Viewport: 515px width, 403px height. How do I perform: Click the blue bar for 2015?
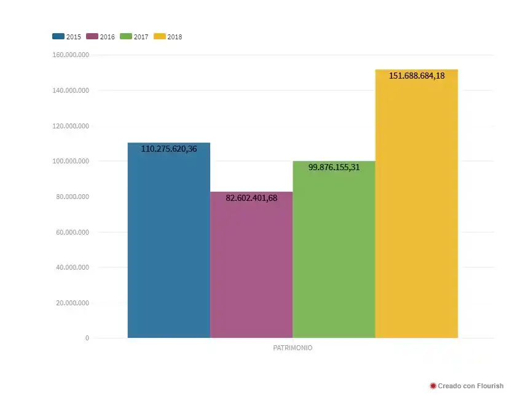tap(169, 246)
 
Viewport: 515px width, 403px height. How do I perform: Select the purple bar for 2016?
tap(251, 270)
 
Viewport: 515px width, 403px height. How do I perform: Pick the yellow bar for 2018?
tap(417, 209)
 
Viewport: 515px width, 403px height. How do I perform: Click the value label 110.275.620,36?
tap(169, 149)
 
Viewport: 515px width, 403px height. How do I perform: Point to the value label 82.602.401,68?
tap(251, 198)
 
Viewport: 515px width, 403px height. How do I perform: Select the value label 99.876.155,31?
tap(334, 167)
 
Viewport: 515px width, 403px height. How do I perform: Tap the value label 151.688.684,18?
tap(417, 76)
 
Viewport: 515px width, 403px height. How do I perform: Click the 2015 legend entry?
tap(67, 37)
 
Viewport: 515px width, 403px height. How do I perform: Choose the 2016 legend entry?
tap(101, 37)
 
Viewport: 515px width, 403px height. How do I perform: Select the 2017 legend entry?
tap(135, 37)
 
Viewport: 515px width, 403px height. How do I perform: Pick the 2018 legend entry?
tap(168, 37)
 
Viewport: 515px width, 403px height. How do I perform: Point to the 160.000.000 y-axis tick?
tap(71, 55)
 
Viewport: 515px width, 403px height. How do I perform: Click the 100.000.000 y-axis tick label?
tap(71, 162)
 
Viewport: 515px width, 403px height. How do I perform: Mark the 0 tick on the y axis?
tap(87, 338)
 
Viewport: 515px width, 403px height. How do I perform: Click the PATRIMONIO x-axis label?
tap(293, 348)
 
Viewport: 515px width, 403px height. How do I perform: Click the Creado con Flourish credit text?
tap(470, 386)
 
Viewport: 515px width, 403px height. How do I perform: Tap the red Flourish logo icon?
tap(433, 386)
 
